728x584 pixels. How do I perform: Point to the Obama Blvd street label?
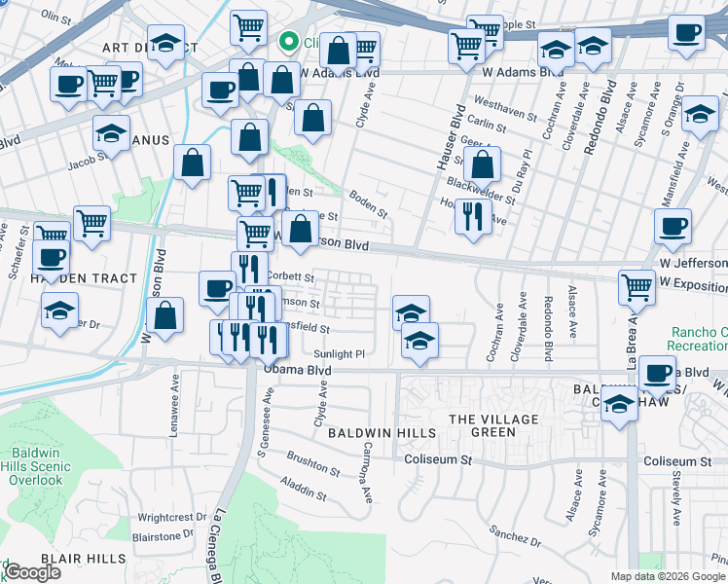coord(297,371)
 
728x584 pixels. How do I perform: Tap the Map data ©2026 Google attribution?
coord(668,576)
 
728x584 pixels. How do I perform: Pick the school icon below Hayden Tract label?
coord(60,310)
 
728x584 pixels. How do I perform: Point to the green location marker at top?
coord(288,42)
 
